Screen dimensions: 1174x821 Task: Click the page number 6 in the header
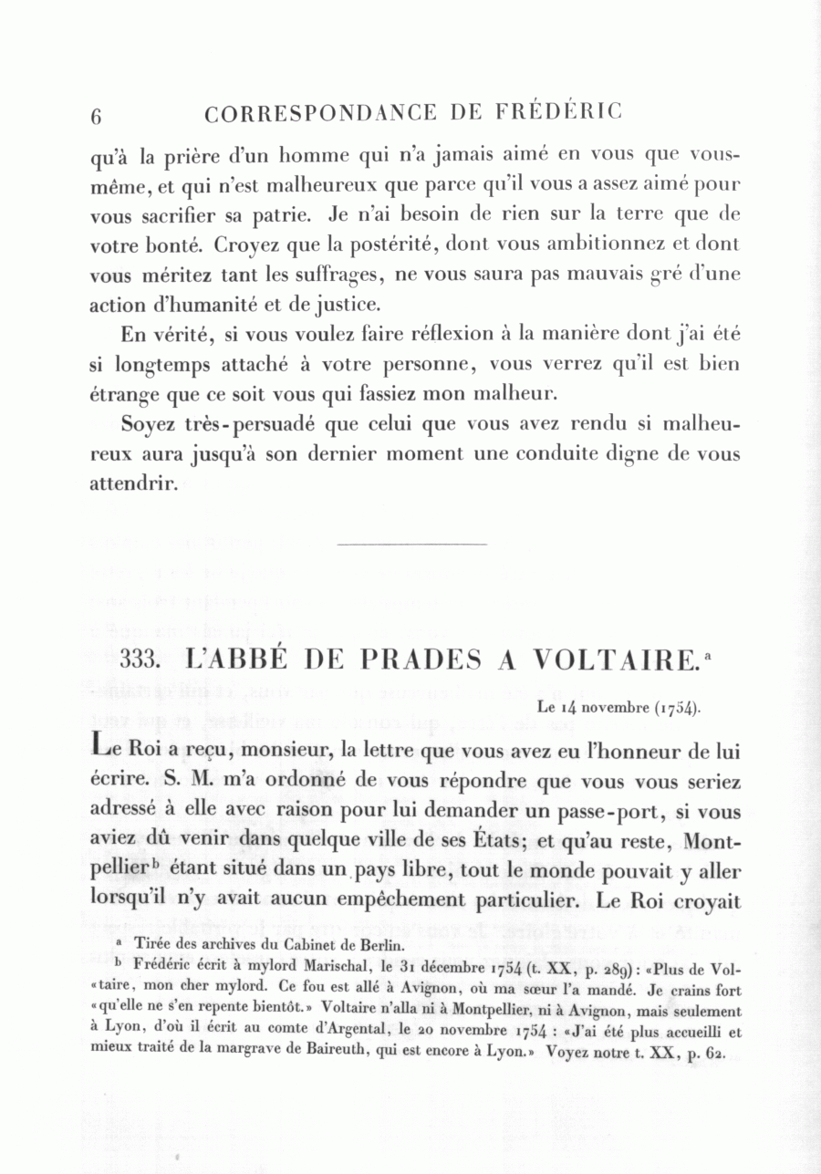(x=96, y=116)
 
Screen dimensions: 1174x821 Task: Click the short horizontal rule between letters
(x=412, y=545)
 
